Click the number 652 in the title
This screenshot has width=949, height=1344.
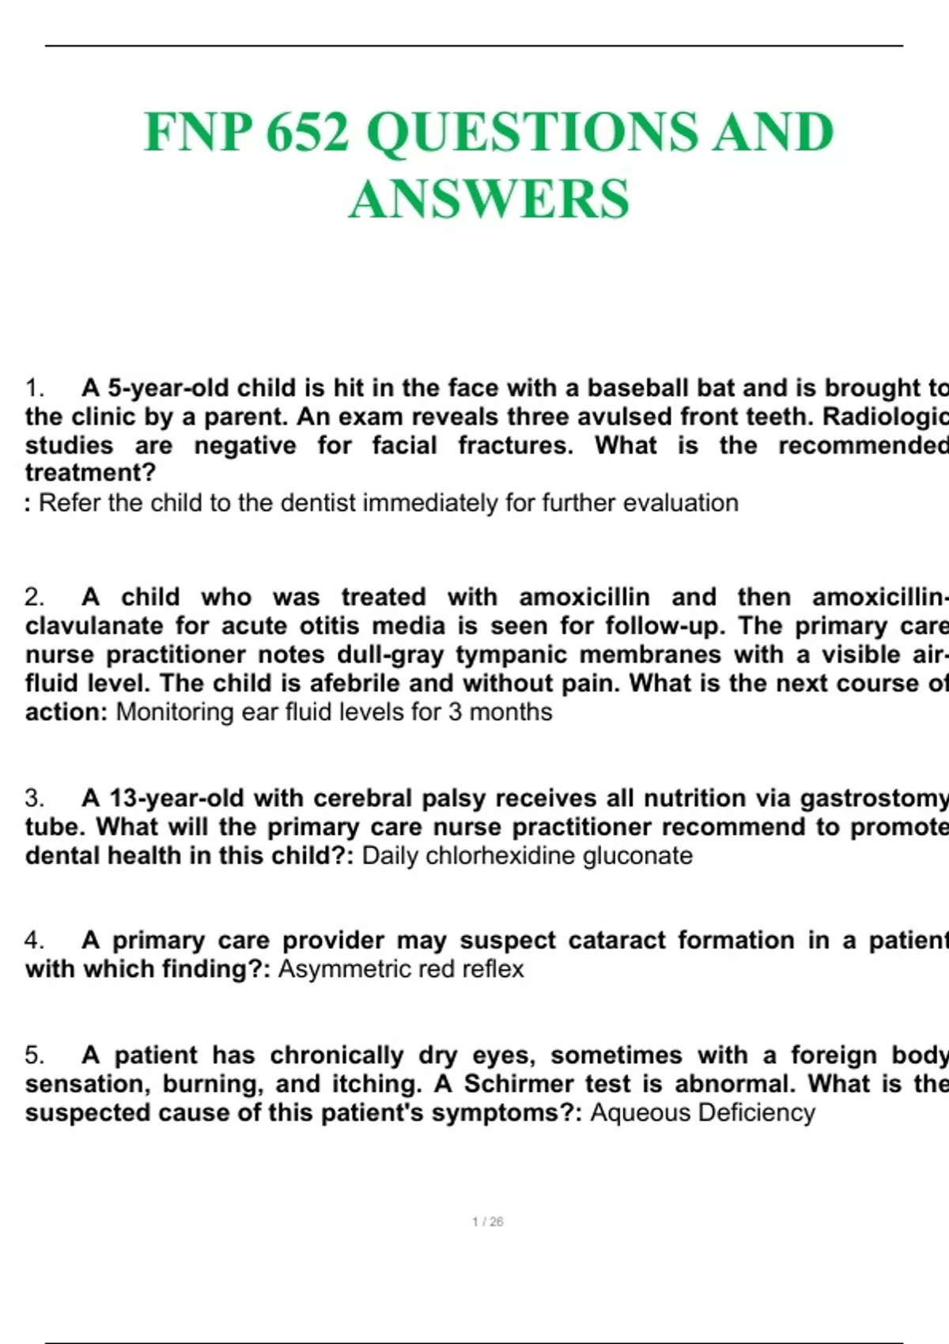[x=307, y=131]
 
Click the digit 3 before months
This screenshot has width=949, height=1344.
[x=455, y=712]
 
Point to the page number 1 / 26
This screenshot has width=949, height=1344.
[x=488, y=1221]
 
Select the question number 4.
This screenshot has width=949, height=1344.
[x=33, y=940]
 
